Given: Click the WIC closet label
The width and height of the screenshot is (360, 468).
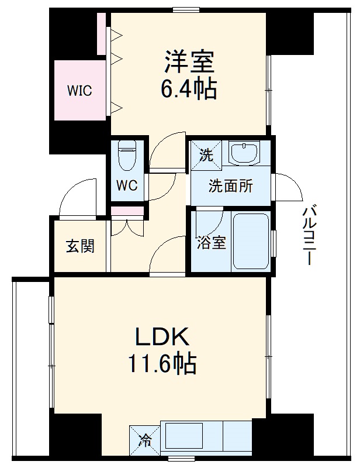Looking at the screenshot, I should click(x=79, y=91).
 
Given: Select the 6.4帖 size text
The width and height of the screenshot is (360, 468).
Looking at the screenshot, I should click(x=189, y=89).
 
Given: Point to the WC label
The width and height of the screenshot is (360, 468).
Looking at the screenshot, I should click(x=126, y=185).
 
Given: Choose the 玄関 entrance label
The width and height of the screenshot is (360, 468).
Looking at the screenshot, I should click(x=79, y=246).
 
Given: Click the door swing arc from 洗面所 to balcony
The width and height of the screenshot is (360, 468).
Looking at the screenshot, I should click(x=289, y=187).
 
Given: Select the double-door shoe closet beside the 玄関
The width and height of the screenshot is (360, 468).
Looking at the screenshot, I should click(x=126, y=227).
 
